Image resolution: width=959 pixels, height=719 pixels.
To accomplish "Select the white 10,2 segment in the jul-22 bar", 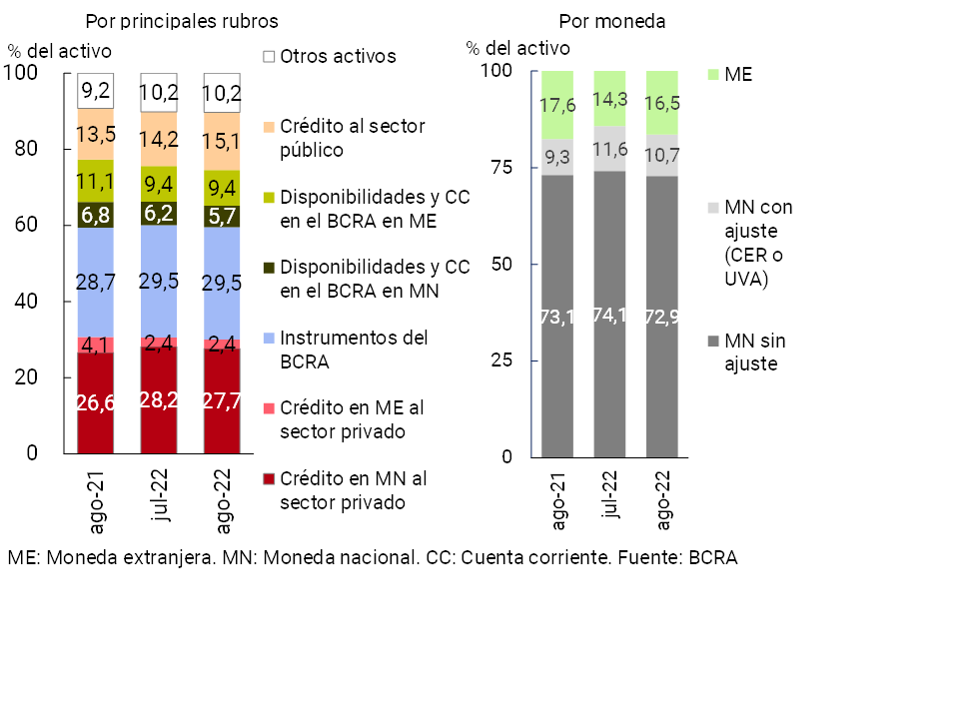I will (159, 93).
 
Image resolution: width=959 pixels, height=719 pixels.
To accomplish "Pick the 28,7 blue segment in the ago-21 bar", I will (95, 283).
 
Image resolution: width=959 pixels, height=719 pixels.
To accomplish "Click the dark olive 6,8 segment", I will (95, 215).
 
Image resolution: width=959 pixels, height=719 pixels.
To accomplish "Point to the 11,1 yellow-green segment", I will (95, 181).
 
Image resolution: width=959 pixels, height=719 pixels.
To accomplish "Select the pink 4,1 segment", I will (95, 345).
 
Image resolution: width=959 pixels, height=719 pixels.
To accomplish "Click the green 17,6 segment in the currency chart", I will (557, 105).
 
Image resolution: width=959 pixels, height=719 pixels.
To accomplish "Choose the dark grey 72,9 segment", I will (662, 316).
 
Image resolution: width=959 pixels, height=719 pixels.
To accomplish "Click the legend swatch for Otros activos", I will (269, 57).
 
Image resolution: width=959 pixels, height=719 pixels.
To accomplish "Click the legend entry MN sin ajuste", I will (754, 353).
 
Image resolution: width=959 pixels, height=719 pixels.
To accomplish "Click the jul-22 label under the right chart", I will (609, 495).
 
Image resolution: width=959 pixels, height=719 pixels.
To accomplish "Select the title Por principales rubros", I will (182, 21).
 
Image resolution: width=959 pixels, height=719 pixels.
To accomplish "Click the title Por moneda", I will (612, 21).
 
